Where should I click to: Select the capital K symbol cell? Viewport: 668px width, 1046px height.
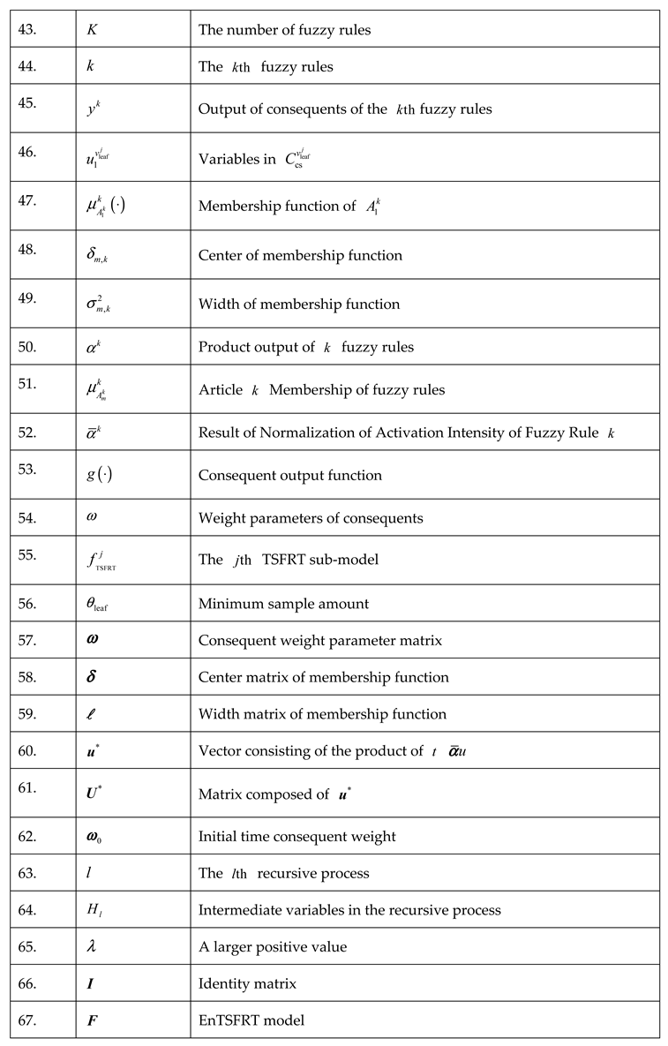[x=92, y=30]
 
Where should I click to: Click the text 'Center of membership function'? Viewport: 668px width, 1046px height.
[x=300, y=256]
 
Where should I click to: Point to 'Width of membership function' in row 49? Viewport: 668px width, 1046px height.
[x=298, y=305]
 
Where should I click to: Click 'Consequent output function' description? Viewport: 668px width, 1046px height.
[x=289, y=476]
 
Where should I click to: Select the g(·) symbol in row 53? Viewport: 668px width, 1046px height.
[x=99, y=476]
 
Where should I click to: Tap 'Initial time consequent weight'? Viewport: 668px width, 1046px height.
[x=296, y=837]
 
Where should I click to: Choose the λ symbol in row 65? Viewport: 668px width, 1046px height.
[x=92, y=947]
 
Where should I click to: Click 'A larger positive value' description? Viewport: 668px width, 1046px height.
[x=273, y=947]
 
